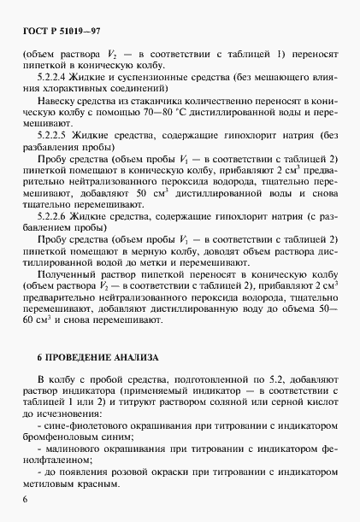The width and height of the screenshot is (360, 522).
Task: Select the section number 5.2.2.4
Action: click(56, 77)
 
